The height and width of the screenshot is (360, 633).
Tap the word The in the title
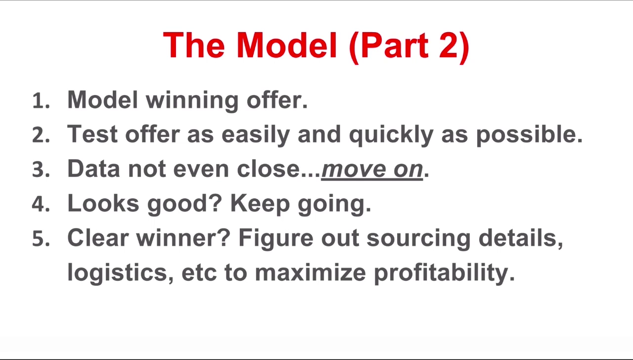(194, 45)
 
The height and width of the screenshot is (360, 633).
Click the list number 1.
(41, 101)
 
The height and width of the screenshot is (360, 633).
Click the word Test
(92, 134)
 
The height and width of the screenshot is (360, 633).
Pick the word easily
(256, 135)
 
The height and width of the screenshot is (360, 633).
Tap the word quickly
(391, 135)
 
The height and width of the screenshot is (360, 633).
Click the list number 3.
(41, 170)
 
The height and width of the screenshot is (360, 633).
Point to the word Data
(93, 169)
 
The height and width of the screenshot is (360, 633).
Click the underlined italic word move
(354, 170)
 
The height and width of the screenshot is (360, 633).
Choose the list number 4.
(41, 204)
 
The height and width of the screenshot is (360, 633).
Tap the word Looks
(103, 203)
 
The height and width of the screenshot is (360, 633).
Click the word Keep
(260, 204)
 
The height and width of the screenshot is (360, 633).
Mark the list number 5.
(41, 239)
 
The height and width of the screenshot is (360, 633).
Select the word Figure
(276, 239)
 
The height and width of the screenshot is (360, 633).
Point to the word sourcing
(418, 239)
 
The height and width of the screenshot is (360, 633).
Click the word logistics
(120, 272)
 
